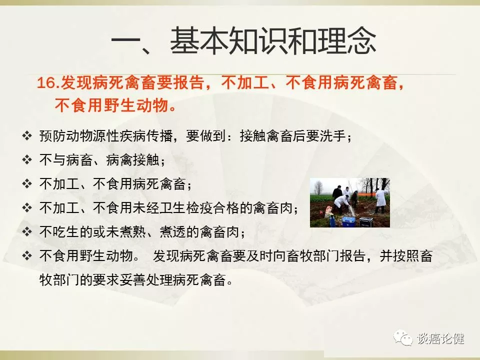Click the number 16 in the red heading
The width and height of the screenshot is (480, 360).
click(46, 83)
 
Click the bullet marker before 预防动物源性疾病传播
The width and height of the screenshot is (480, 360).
click(27, 135)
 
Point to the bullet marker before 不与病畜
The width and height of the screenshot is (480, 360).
click(27, 159)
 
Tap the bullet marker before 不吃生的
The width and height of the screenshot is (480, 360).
click(27, 231)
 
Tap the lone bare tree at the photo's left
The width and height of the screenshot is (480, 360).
click(318, 187)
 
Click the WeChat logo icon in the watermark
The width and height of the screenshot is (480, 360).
click(403, 337)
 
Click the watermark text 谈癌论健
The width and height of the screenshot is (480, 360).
click(440, 338)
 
